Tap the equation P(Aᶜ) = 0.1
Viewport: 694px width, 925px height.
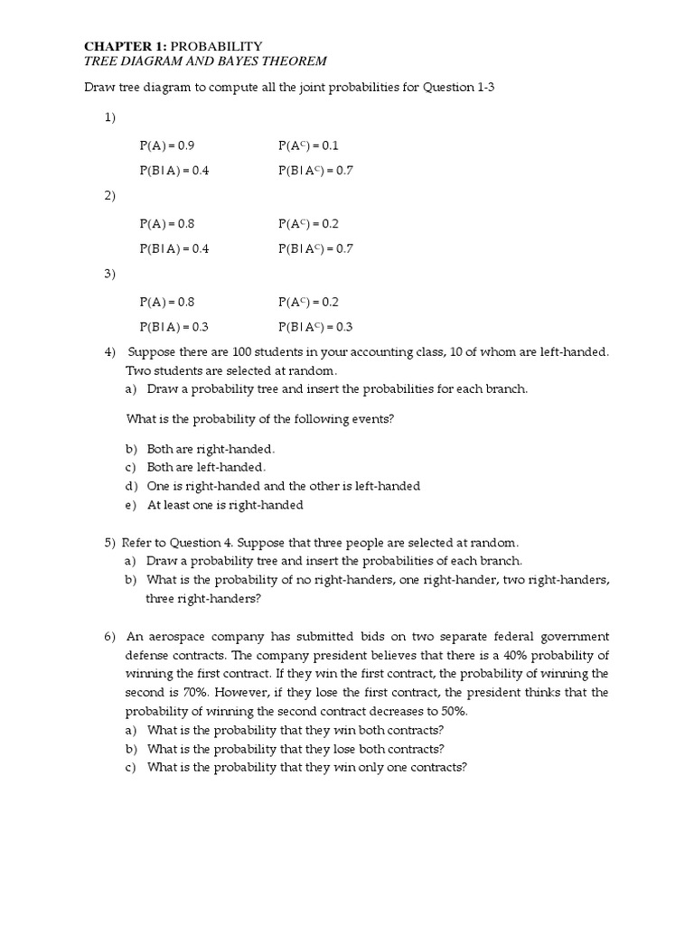tap(307, 145)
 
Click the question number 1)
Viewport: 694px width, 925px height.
tap(109, 118)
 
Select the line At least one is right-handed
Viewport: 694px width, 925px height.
tap(225, 505)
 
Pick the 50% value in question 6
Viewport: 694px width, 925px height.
tap(449, 711)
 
